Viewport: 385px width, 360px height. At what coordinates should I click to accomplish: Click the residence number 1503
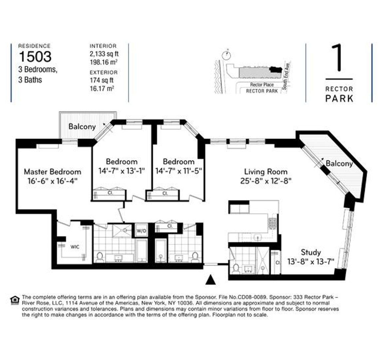pos(35,57)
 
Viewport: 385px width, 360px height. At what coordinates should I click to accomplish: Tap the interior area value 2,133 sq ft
pos(104,54)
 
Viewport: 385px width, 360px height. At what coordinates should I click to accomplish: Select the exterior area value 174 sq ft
pos(102,80)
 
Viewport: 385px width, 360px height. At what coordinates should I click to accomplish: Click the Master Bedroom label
pos(53,172)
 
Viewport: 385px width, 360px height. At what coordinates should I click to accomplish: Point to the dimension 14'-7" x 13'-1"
pos(122,171)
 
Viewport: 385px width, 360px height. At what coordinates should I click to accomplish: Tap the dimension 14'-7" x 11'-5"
pos(179,171)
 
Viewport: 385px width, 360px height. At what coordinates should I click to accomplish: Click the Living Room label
pos(266,172)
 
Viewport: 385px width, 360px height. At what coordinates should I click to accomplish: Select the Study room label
pos(311,252)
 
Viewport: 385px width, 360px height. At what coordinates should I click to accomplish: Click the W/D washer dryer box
pos(141,230)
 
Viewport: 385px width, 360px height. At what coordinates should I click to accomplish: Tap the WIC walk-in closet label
pos(75,247)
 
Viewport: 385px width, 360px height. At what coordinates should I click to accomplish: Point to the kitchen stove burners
pos(272,223)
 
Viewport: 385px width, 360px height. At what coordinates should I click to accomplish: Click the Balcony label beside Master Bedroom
pos(82,127)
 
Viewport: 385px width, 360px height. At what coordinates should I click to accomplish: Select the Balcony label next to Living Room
pos(339,163)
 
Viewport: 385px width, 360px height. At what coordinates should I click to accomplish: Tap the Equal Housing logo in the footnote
pos(15,300)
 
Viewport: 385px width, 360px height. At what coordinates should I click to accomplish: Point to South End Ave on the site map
pos(286,75)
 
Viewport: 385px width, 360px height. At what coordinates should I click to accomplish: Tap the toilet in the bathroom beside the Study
pos(236,269)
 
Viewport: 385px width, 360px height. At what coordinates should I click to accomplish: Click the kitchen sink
pos(257,238)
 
